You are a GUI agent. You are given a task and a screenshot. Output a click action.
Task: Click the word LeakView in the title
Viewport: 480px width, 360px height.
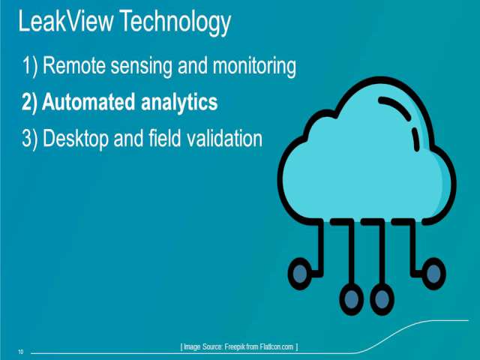click(x=66, y=21)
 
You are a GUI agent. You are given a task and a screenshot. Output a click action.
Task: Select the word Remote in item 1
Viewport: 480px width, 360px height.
click(x=74, y=65)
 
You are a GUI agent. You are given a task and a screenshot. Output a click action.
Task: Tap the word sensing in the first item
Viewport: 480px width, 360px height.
click(x=142, y=67)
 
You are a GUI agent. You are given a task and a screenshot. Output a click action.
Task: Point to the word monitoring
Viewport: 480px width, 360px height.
click(x=254, y=67)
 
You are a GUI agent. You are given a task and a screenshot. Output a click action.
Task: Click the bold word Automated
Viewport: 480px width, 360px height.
click(x=88, y=102)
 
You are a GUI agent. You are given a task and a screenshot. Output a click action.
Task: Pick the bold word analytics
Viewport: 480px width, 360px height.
click(x=179, y=103)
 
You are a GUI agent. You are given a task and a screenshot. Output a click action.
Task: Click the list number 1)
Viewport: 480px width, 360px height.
click(x=30, y=66)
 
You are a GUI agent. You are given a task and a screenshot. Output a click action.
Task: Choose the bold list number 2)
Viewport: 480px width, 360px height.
click(x=29, y=103)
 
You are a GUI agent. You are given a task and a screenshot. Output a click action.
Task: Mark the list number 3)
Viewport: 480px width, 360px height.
click(x=30, y=139)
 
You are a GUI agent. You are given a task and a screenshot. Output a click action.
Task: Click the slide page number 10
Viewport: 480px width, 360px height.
click(x=21, y=352)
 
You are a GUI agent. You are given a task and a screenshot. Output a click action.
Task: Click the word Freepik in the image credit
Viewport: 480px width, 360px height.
click(x=235, y=346)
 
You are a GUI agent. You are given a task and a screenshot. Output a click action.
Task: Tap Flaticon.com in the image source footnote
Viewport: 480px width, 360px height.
click(x=277, y=346)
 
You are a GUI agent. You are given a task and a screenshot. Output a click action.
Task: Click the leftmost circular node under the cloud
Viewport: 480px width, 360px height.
click(x=300, y=274)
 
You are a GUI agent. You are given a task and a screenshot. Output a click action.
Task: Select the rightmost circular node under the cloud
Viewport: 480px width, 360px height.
click(x=433, y=274)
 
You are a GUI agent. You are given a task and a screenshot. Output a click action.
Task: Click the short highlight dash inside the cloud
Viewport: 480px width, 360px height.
click(x=415, y=139)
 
